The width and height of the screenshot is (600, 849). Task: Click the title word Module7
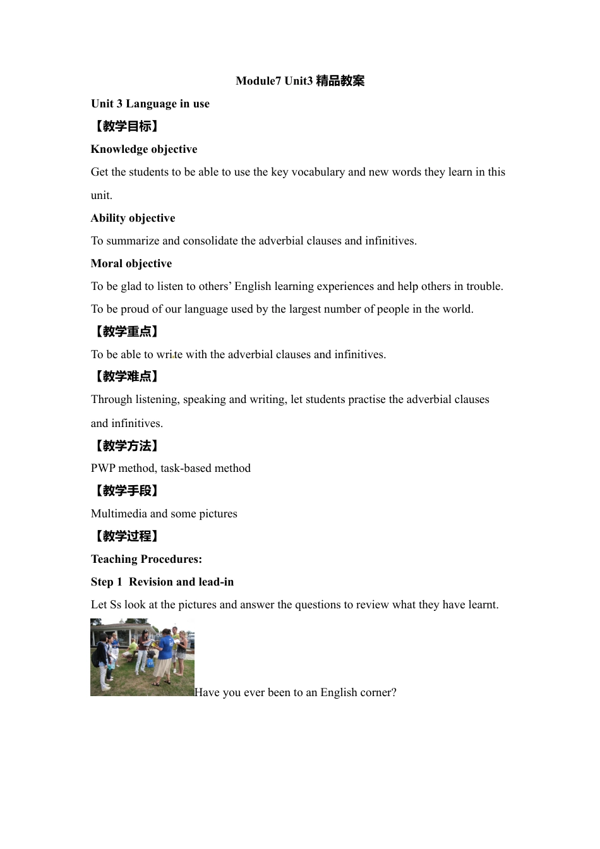(x=258, y=81)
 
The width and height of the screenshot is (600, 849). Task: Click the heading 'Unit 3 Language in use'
(x=150, y=104)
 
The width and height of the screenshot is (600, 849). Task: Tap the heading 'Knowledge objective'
(x=144, y=149)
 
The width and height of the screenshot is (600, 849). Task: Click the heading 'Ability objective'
(x=133, y=218)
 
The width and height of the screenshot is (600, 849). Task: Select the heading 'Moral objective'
(x=131, y=263)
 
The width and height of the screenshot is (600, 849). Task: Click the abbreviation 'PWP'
(x=103, y=468)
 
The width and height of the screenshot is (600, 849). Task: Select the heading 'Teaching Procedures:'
(x=147, y=559)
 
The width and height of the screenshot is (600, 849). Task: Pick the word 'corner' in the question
(x=375, y=692)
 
